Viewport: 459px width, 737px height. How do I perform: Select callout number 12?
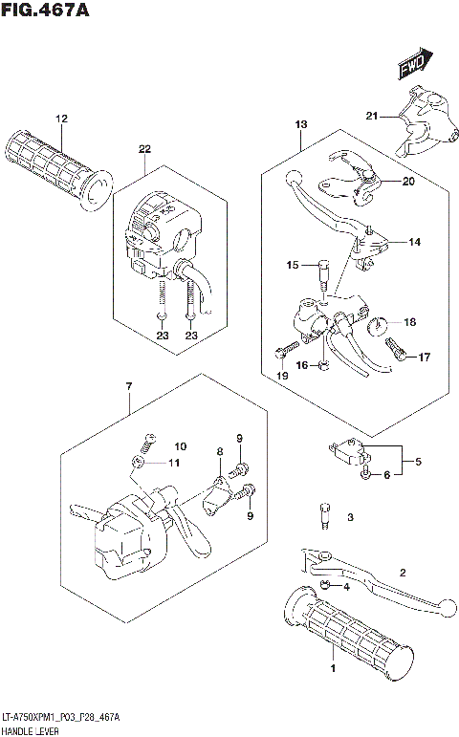(x=62, y=119)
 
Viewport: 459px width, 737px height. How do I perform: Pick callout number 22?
(x=144, y=149)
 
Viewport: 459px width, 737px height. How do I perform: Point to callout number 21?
(x=371, y=117)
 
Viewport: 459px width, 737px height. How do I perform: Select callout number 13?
(x=300, y=125)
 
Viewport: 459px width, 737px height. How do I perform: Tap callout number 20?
(x=408, y=182)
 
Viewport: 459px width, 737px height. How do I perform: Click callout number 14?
(x=414, y=242)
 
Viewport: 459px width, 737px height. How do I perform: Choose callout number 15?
(x=294, y=264)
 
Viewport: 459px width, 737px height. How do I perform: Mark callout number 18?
(x=409, y=322)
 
